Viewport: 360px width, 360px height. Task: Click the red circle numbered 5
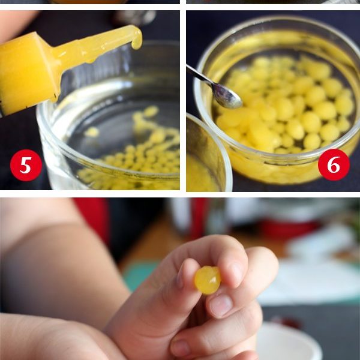coord(26,166)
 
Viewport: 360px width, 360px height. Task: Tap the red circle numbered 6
coord(334,164)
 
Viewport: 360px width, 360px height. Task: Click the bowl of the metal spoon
coord(227,96)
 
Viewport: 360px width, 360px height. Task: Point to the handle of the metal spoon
coord(199,74)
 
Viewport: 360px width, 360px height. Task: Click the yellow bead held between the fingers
coord(208,280)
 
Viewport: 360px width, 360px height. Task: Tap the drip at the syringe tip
coord(137,43)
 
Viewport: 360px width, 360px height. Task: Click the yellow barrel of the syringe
coord(28,73)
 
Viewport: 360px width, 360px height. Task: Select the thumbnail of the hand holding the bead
coord(221,305)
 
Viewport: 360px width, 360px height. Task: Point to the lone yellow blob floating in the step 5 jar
coord(92,132)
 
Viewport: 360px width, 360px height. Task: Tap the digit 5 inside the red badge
coord(26,166)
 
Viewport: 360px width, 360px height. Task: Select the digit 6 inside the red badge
coord(334,164)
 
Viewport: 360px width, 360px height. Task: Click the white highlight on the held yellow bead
coord(213,279)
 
